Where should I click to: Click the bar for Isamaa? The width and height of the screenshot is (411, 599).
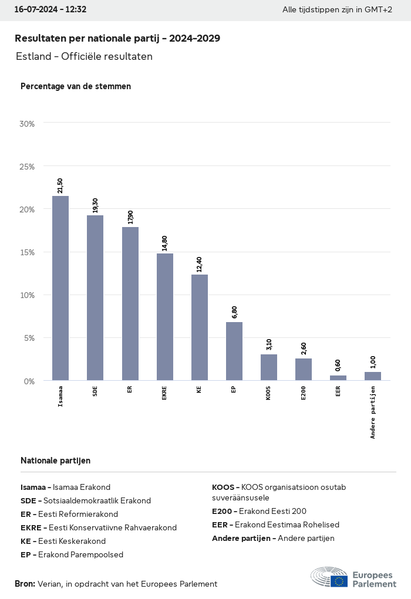point(60,288)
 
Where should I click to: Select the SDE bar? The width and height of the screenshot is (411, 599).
point(95,297)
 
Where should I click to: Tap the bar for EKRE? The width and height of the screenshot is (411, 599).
point(165,317)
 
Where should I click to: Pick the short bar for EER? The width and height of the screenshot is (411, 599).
point(338,378)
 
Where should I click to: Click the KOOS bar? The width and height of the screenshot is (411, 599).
point(269,367)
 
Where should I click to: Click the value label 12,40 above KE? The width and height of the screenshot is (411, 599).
point(199,265)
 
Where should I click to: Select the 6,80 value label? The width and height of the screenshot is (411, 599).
point(234,312)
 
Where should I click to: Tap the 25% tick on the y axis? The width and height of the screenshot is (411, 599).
point(28,167)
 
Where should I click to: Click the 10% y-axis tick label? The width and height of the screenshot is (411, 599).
point(28,295)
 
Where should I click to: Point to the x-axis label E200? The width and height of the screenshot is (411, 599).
point(304,392)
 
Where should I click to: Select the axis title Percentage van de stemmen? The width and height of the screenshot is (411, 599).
point(76,86)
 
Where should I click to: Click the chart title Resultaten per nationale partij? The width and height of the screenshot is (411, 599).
point(117,38)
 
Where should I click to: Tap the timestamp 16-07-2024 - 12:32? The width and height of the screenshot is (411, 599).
point(50,9)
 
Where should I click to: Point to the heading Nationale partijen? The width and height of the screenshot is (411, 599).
point(56,461)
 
